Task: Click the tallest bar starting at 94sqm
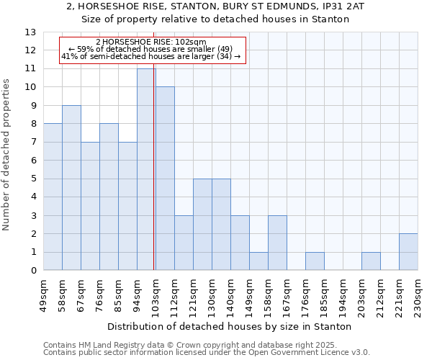pos(146,169)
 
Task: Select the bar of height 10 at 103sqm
pos(165,179)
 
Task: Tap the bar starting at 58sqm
pos(71,188)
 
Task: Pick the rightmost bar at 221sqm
pos(408,252)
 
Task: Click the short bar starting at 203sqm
pos(371,261)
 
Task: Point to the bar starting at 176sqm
pos(315,261)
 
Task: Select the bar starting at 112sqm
pos(184,243)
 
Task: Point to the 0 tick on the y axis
pos(32,271)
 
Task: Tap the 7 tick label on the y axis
pos(32,143)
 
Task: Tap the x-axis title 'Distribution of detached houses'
pos(230,326)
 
